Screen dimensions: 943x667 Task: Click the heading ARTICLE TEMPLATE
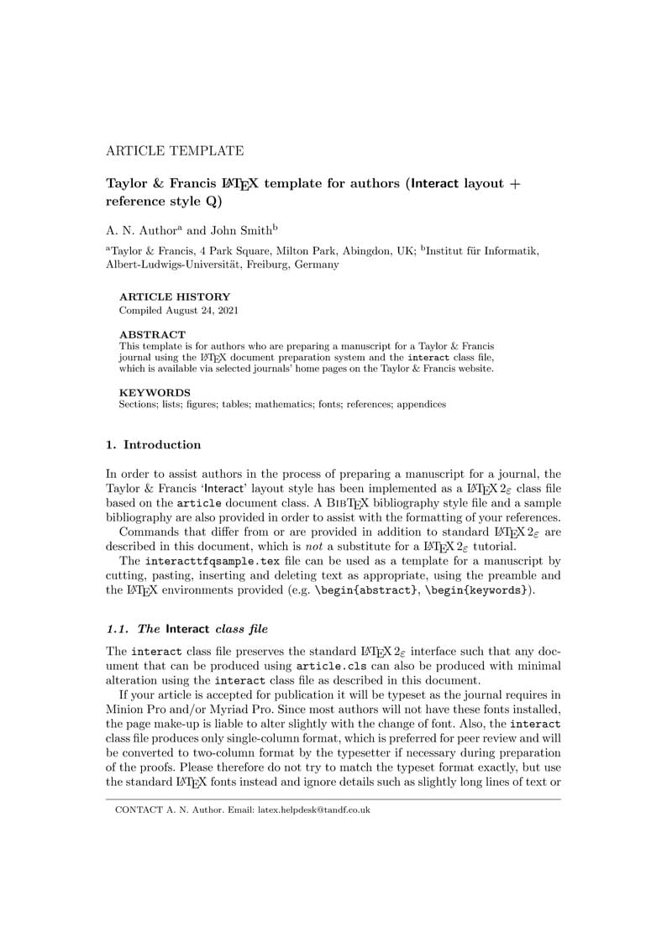pyautogui.click(x=175, y=151)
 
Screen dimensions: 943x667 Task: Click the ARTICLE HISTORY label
pyautogui.click(x=175, y=297)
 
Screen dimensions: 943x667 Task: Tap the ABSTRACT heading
pyautogui.click(x=152, y=334)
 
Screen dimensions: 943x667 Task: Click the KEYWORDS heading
pyautogui.click(x=155, y=392)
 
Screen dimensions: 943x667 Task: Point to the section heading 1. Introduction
pyautogui.click(x=154, y=445)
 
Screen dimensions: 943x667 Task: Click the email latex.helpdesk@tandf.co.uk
pyautogui.click(x=313, y=810)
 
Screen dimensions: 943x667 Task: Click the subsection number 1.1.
pyautogui.click(x=118, y=629)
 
